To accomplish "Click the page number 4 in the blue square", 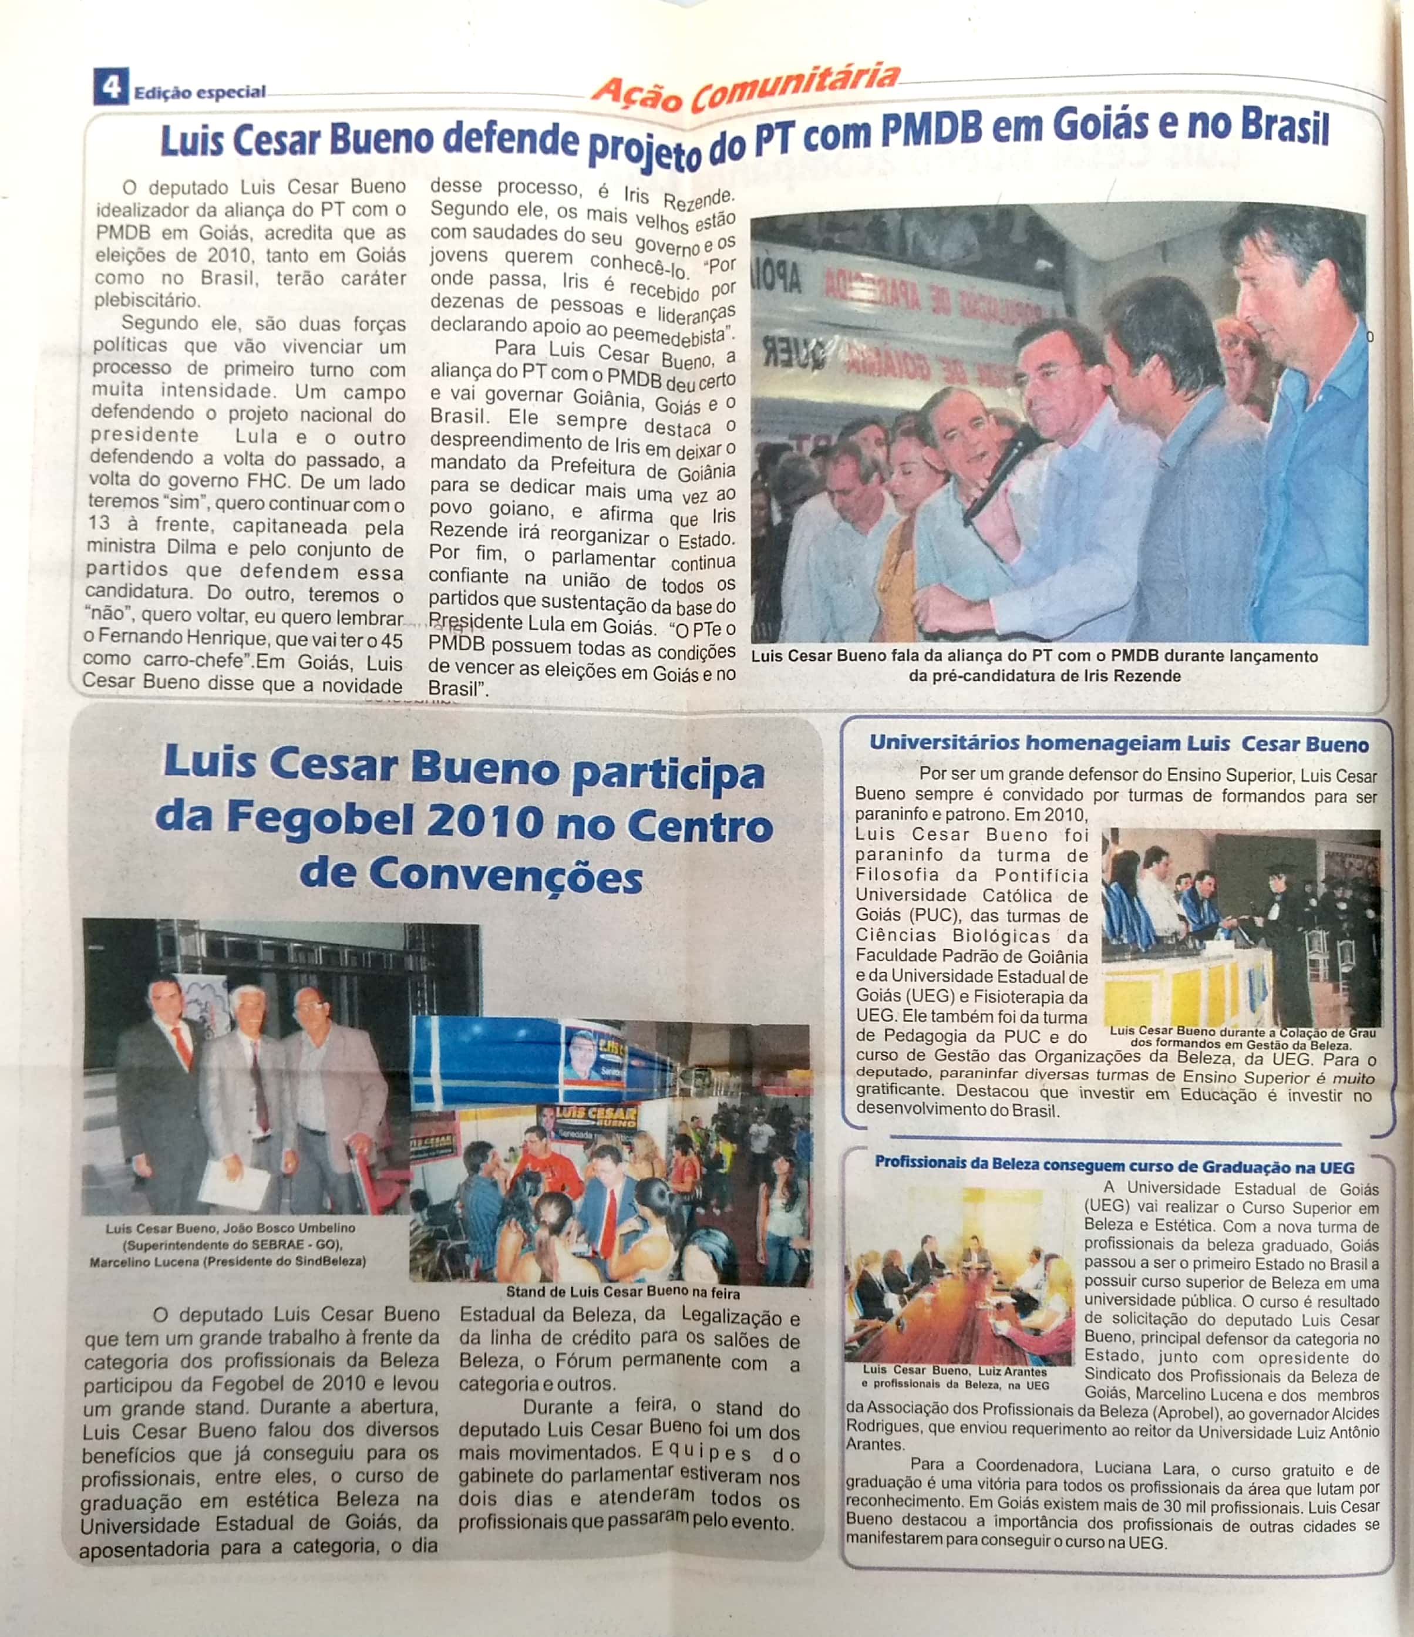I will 110,86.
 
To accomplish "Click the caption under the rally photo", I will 1034,665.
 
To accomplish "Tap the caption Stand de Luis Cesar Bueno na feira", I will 622,1292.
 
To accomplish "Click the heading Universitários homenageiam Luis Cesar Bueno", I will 1119,743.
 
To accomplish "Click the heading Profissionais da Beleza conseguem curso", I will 1114,1166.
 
